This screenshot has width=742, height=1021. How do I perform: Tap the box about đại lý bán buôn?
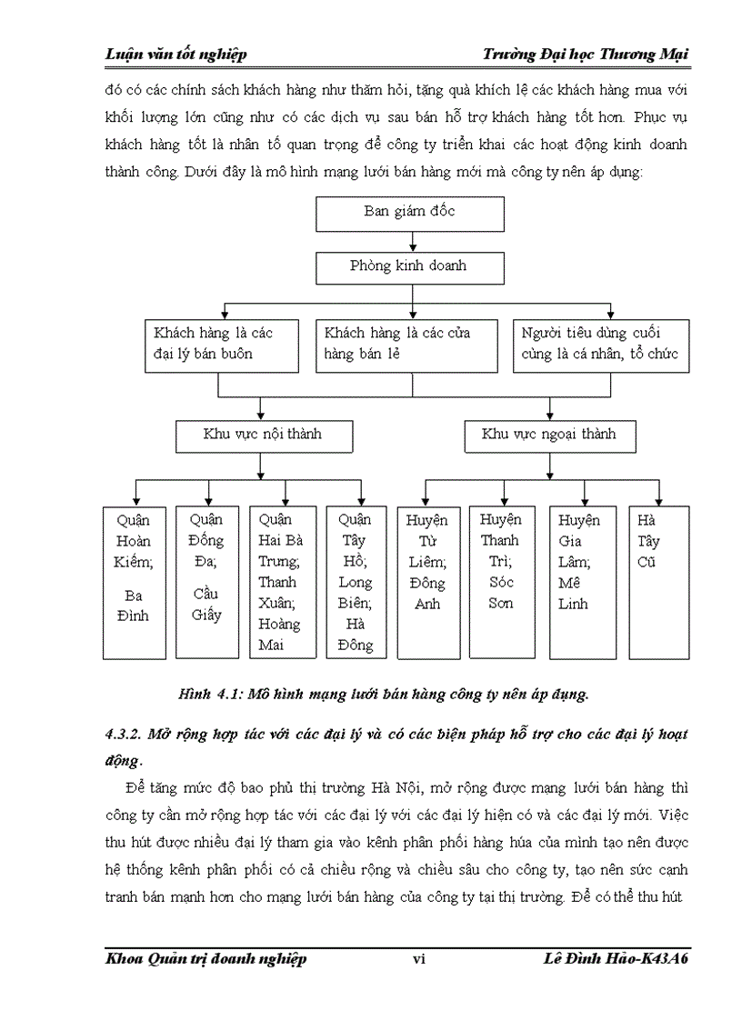(221, 344)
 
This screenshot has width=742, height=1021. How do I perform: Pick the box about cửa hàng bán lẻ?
(406, 344)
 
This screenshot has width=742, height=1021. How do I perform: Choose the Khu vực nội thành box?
(262, 435)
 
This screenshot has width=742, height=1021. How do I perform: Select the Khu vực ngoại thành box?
(548, 435)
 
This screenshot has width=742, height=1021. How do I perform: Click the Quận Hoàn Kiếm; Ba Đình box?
(134, 582)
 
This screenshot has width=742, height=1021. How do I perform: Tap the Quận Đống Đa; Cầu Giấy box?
(206, 582)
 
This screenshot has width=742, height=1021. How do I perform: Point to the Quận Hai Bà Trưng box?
(282, 582)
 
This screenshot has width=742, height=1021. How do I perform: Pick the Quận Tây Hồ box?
(356, 582)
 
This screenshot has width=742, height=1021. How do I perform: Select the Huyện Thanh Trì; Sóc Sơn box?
(501, 582)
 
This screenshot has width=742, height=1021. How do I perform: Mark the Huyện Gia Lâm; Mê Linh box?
(579, 582)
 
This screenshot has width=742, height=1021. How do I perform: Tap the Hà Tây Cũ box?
(658, 582)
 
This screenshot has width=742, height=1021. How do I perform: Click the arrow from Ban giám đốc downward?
(415, 242)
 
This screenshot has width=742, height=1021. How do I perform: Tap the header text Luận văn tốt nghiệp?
(176, 55)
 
